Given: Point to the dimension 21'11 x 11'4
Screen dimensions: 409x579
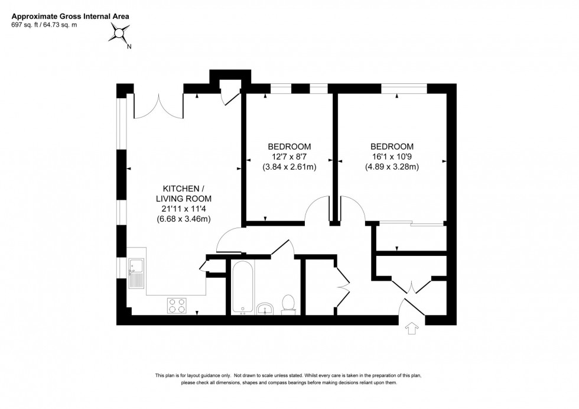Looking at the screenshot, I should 183,209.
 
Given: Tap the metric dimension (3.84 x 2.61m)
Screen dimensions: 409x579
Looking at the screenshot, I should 289,167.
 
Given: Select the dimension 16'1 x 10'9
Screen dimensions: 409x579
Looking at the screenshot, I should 392,157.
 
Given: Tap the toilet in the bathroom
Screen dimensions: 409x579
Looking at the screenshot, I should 289,303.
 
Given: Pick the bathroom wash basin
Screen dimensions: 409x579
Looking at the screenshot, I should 265,308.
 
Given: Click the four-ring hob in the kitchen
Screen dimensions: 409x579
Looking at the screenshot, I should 176,304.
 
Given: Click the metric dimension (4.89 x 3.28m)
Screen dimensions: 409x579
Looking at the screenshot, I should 392,167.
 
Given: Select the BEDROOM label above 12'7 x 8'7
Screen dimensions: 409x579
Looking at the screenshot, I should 289,147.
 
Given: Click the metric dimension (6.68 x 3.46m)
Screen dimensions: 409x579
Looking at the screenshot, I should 183,219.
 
